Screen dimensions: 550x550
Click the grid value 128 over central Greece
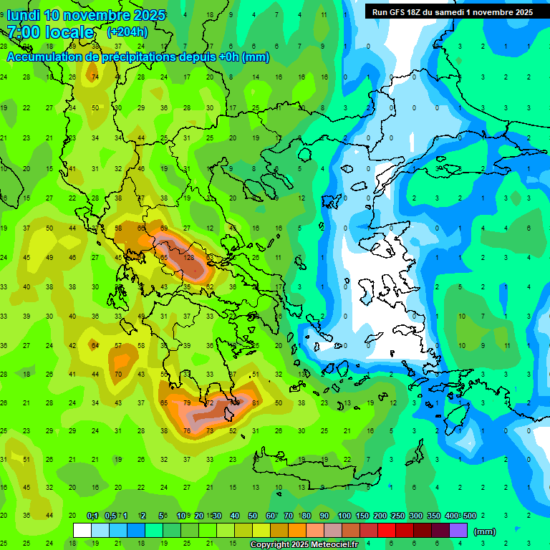coord(190,257)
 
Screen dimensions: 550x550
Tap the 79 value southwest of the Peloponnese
coord(188,403)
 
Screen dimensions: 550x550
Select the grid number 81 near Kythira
coord(256,403)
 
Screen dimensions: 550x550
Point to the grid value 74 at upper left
coord(95,77)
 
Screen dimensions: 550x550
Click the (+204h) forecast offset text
coord(127,32)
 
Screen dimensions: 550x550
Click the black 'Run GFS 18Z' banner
coord(452,11)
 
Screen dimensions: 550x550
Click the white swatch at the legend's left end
coord(82,531)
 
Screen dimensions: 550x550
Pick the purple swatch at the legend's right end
coord(458,531)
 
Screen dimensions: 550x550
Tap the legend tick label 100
coord(344,516)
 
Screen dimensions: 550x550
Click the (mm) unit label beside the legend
coord(485,531)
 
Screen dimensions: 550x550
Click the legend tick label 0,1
coord(92,516)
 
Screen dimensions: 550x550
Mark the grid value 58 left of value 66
coord(118,228)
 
